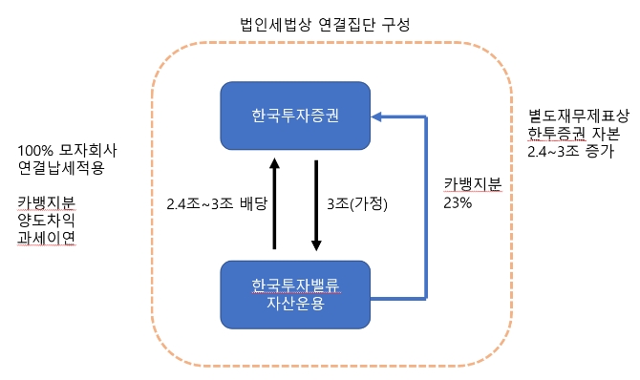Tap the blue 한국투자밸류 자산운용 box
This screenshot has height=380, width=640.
(296, 294)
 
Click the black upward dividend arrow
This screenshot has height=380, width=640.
(273, 202)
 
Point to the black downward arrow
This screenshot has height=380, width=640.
(316, 202)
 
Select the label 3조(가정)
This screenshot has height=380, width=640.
(358, 203)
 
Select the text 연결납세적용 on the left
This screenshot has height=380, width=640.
(60, 168)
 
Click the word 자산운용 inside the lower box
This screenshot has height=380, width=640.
(296, 304)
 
